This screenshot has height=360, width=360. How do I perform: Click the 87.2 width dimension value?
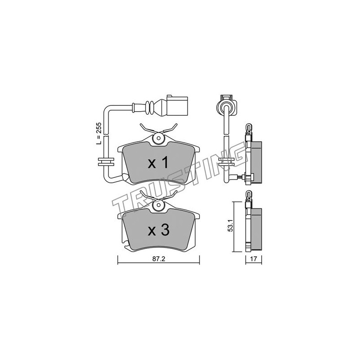click(159, 259)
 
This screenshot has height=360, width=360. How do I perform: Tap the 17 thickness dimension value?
click(253, 259)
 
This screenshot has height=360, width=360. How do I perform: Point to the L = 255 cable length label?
click(99, 133)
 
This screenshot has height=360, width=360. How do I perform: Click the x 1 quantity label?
click(158, 163)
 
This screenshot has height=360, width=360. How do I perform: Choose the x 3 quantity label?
click(158, 230)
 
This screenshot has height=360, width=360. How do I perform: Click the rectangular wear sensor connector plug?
click(177, 105)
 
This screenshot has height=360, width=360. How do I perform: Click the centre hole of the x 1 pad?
click(158, 139)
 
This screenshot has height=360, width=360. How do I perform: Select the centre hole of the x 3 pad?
click(158, 205)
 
